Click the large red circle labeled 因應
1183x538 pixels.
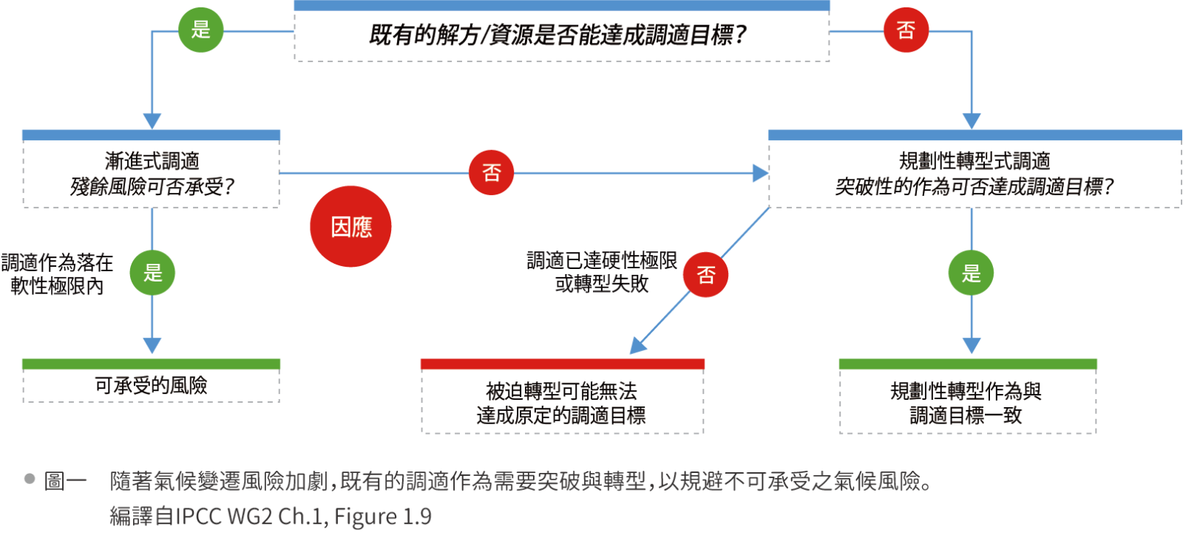pos(350,226)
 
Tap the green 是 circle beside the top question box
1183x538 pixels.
pos(200,30)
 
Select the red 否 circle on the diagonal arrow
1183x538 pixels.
pos(705,275)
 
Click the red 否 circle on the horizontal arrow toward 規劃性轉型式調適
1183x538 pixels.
pos(491,173)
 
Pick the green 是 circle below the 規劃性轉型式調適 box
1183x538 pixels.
pos(971,273)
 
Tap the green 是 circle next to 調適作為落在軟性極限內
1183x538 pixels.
pos(152,273)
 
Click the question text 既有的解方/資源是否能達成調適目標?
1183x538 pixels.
pos(558,35)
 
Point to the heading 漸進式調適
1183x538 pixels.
pos(152,160)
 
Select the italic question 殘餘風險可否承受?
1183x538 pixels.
pos(152,186)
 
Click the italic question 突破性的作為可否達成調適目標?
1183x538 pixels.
pos(974,186)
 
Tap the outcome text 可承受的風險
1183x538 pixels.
pos(151,385)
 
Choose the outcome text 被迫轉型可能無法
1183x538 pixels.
pos(561,391)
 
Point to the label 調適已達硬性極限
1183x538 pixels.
pos(602,260)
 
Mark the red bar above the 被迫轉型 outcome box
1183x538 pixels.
pos(562,364)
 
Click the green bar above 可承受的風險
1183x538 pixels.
pos(151,364)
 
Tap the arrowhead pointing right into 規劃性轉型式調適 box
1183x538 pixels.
pos(760,173)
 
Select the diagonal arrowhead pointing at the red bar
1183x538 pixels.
pos(638,347)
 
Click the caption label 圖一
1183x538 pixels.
pos(65,481)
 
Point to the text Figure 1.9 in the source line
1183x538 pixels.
pos(382,516)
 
